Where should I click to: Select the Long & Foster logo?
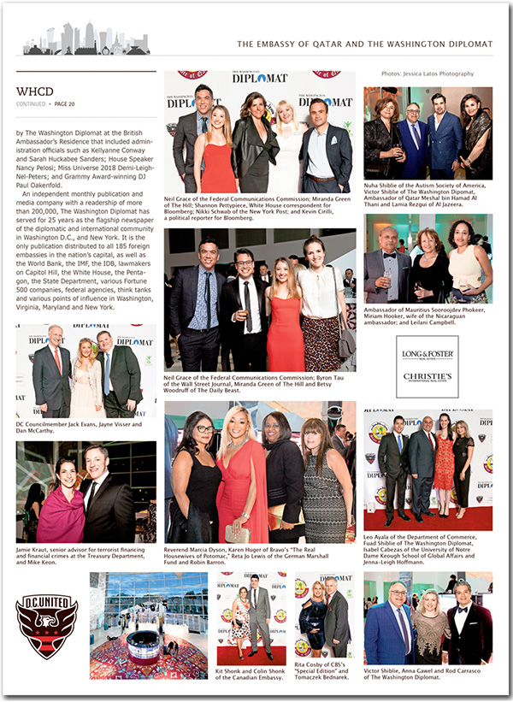[x=427, y=351]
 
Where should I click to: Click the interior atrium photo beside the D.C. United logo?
[x=148, y=625]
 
